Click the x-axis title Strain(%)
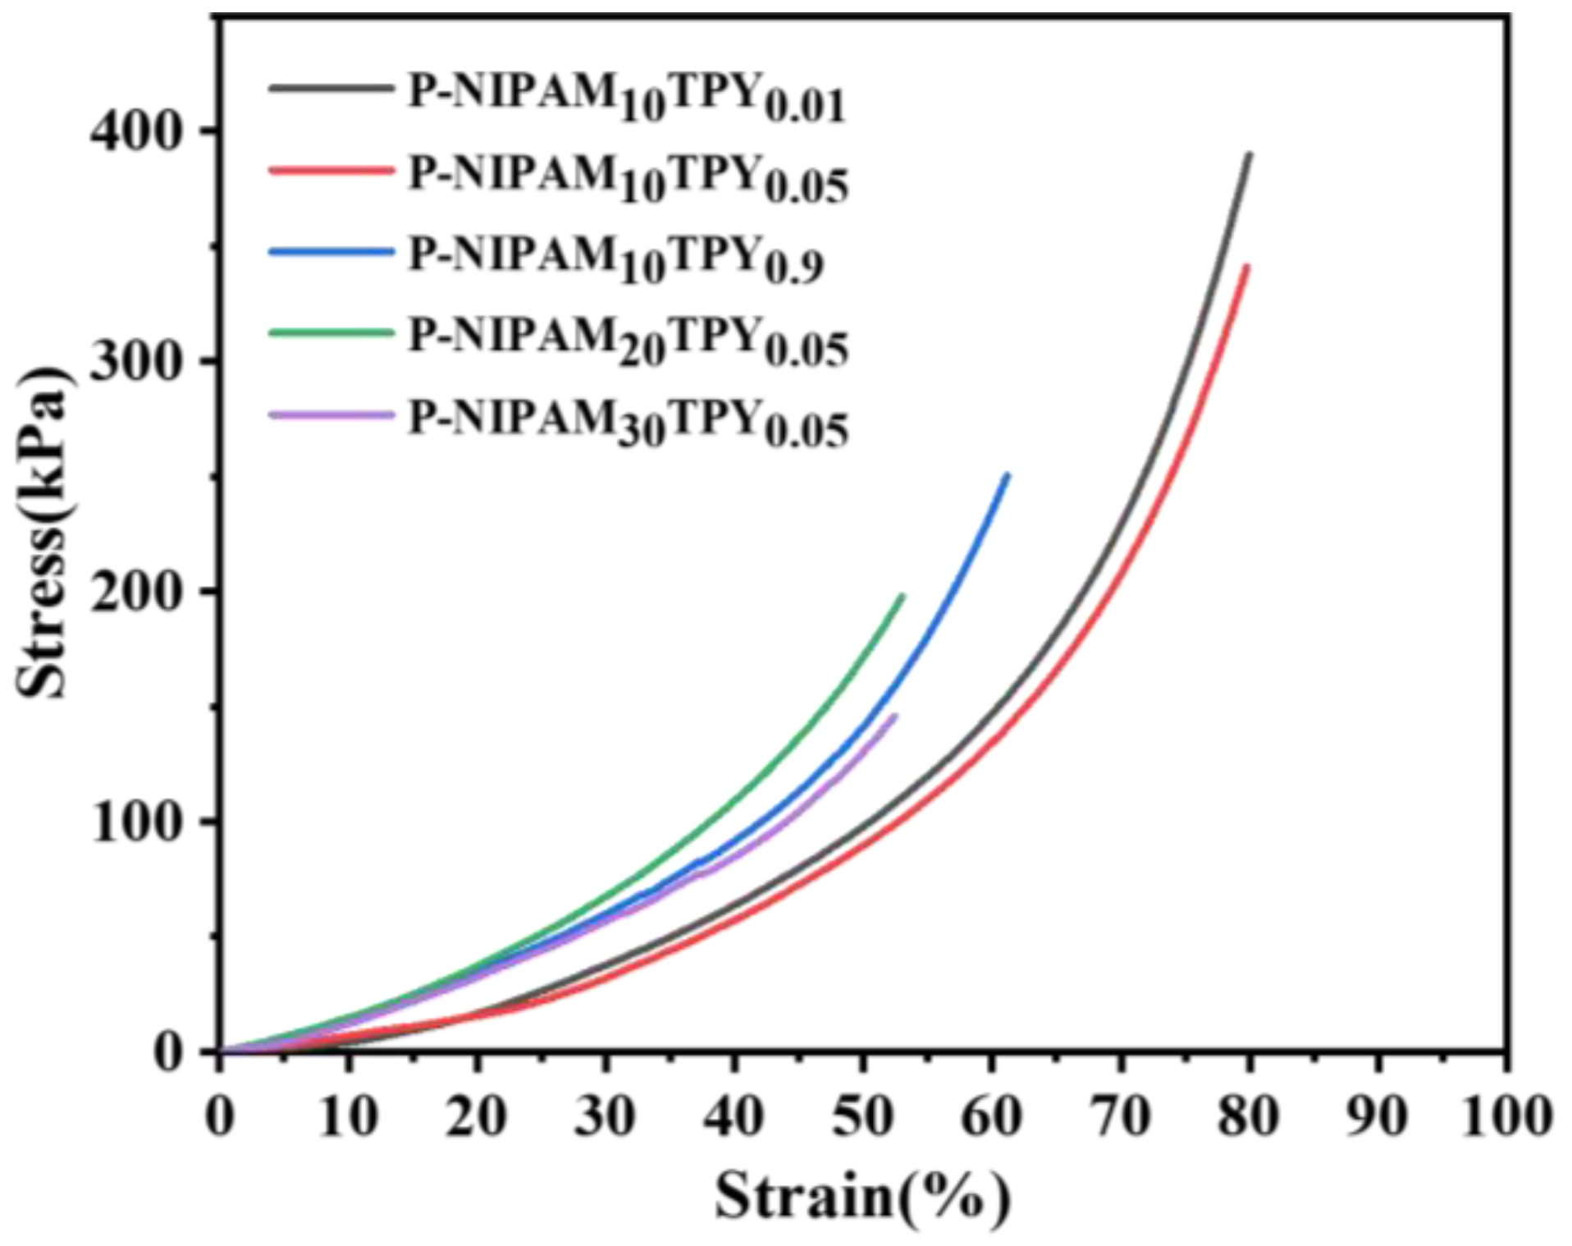pos(861,1195)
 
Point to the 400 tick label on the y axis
pos(134,131)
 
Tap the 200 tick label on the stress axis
pos(134,592)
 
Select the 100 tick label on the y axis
pos(134,822)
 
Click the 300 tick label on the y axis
pos(134,362)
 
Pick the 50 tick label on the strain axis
pos(862,1117)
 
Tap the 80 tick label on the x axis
pos(1248,1117)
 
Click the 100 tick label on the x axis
pos(1506,1117)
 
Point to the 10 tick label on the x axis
pos(349,1117)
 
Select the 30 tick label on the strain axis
pos(605,1117)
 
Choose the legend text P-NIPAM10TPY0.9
pos(615,261)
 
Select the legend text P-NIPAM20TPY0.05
pos(628,343)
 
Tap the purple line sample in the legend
pos(332,415)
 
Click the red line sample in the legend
pos(332,171)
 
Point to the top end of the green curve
pos(903,595)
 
